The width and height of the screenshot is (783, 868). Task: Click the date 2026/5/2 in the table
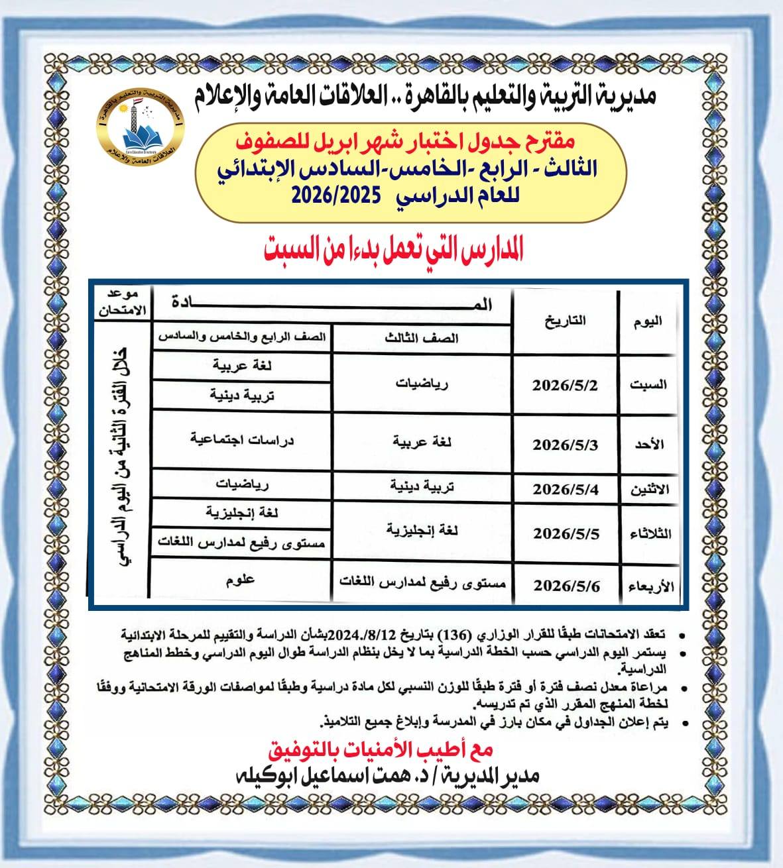(x=565, y=386)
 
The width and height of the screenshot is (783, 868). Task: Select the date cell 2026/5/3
(x=565, y=445)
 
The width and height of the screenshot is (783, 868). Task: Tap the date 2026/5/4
(x=565, y=490)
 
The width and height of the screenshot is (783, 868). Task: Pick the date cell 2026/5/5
(x=566, y=533)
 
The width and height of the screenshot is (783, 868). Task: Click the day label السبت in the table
(x=648, y=385)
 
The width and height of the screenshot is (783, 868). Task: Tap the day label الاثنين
(x=649, y=490)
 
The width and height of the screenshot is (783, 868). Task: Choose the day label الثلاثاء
(x=648, y=533)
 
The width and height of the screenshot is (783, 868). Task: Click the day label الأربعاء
(x=649, y=586)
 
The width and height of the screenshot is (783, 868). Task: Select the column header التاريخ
(x=565, y=321)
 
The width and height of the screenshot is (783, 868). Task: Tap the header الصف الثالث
(x=422, y=338)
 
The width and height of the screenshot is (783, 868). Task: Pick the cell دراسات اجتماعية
(x=241, y=439)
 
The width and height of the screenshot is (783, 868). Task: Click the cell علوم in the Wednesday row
(x=240, y=580)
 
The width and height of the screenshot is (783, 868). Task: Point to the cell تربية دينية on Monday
(x=422, y=487)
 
